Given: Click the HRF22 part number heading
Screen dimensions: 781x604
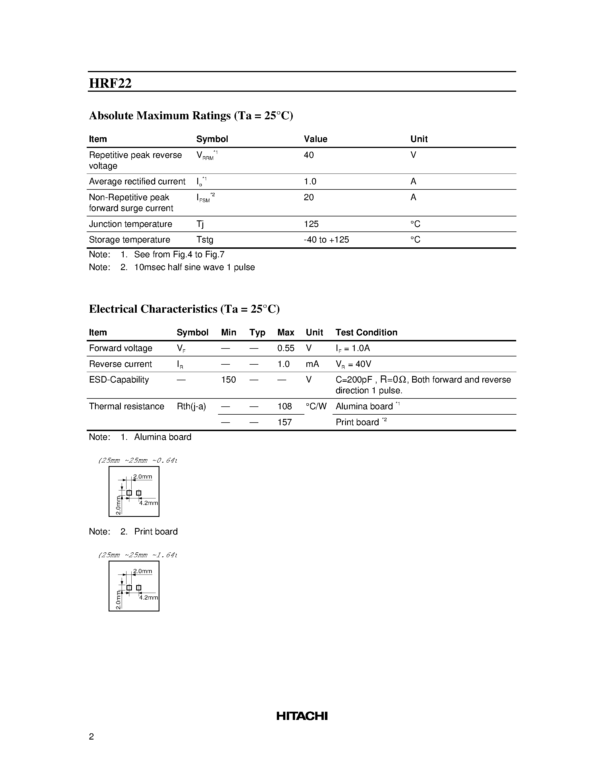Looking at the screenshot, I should (x=110, y=83).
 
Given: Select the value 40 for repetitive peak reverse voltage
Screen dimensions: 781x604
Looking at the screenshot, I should (x=308, y=155).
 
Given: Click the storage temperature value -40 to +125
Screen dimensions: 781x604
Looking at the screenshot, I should (x=326, y=240).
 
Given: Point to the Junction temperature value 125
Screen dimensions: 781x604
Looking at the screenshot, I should (x=311, y=224).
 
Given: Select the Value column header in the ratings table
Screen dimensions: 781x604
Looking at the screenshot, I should (x=315, y=139).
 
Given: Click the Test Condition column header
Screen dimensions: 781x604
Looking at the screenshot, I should (x=366, y=333).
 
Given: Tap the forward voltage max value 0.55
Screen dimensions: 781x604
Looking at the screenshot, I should (x=286, y=348).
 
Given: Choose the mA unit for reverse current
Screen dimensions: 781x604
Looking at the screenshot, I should (x=312, y=364).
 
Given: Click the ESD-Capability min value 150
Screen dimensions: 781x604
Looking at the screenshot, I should (x=228, y=380).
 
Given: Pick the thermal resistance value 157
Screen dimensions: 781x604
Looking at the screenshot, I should (x=285, y=422).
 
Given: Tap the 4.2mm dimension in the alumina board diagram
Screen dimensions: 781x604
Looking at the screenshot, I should (x=148, y=503).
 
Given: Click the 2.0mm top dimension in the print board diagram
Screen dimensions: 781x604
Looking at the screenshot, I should (x=142, y=571).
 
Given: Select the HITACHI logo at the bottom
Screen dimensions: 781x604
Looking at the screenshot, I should (x=302, y=716).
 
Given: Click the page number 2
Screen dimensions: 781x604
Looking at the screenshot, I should (x=91, y=737).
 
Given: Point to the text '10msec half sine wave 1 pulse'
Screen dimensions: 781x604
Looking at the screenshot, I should (x=194, y=268).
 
